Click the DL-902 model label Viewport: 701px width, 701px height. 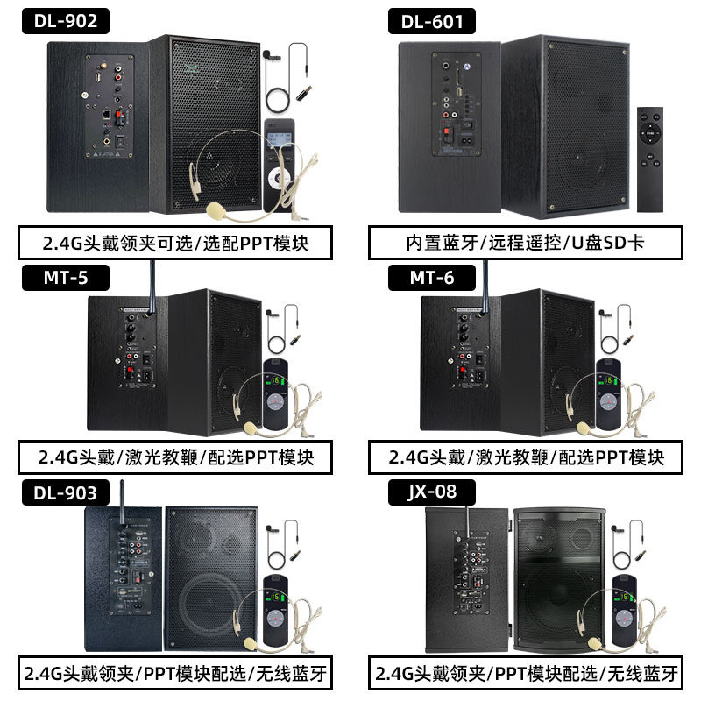(67, 20)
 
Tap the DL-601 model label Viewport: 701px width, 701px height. (432, 20)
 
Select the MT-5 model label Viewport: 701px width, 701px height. (67, 278)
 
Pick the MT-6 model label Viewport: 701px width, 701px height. (432, 278)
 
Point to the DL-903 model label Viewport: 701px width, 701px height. (67, 492)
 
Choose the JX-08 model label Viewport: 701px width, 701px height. (432, 492)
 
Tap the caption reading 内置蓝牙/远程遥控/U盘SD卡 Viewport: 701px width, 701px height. (525, 243)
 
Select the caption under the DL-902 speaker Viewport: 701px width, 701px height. (175, 243)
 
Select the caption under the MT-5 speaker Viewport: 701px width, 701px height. (175, 457)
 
